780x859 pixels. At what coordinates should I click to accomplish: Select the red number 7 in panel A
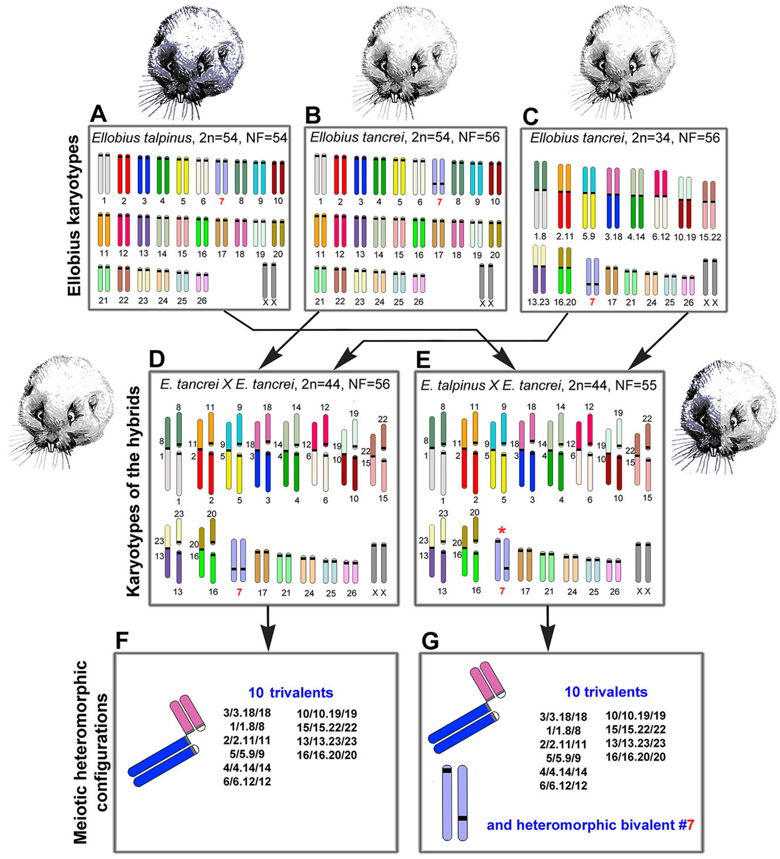221,201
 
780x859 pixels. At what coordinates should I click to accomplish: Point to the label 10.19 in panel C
685,237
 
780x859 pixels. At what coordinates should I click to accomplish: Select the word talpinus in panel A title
167,138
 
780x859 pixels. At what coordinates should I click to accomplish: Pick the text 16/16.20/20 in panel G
635,757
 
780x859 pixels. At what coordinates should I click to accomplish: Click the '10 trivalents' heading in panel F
291,693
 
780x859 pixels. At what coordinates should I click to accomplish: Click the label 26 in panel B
418,302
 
